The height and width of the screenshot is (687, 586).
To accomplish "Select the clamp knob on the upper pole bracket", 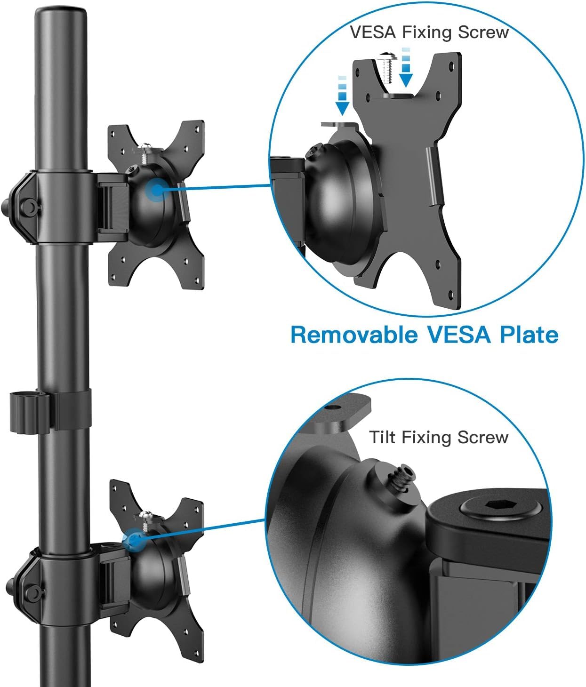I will (x=27, y=206).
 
